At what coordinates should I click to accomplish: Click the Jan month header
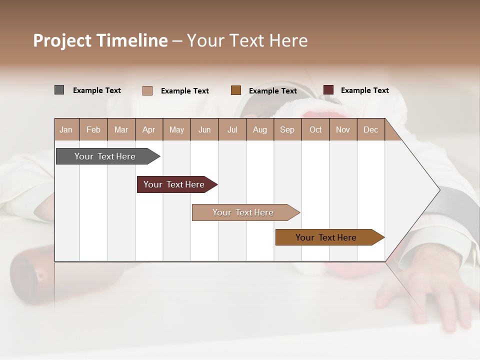pyautogui.click(x=66, y=129)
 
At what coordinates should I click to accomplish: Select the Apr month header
pyautogui.click(x=148, y=129)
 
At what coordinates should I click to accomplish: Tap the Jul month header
pyautogui.click(x=232, y=129)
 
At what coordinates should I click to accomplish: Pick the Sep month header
pyautogui.click(x=287, y=129)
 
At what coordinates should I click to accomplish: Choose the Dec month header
pyautogui.click(x=370, y=129)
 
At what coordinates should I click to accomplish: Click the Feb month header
pyautogui.click(x=93, y=129)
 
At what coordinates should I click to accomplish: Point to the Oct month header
pyautogui.click(x=315, y=129)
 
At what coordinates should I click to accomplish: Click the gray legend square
pyautogui.click(x=59, y=90)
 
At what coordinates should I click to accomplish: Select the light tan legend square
pyautogui.click(x=147, y=90)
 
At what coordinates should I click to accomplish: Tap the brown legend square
pyautogui.click(x=236, y=90)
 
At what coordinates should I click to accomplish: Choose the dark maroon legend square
pyautogui.click(x=328, y=90)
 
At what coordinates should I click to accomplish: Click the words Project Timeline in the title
pyautogui.click(x=100, y=40)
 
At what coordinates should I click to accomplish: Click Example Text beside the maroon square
pyautogui.click(x=364, y=90)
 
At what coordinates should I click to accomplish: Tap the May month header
pyautogui.click(x=176, y=129)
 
